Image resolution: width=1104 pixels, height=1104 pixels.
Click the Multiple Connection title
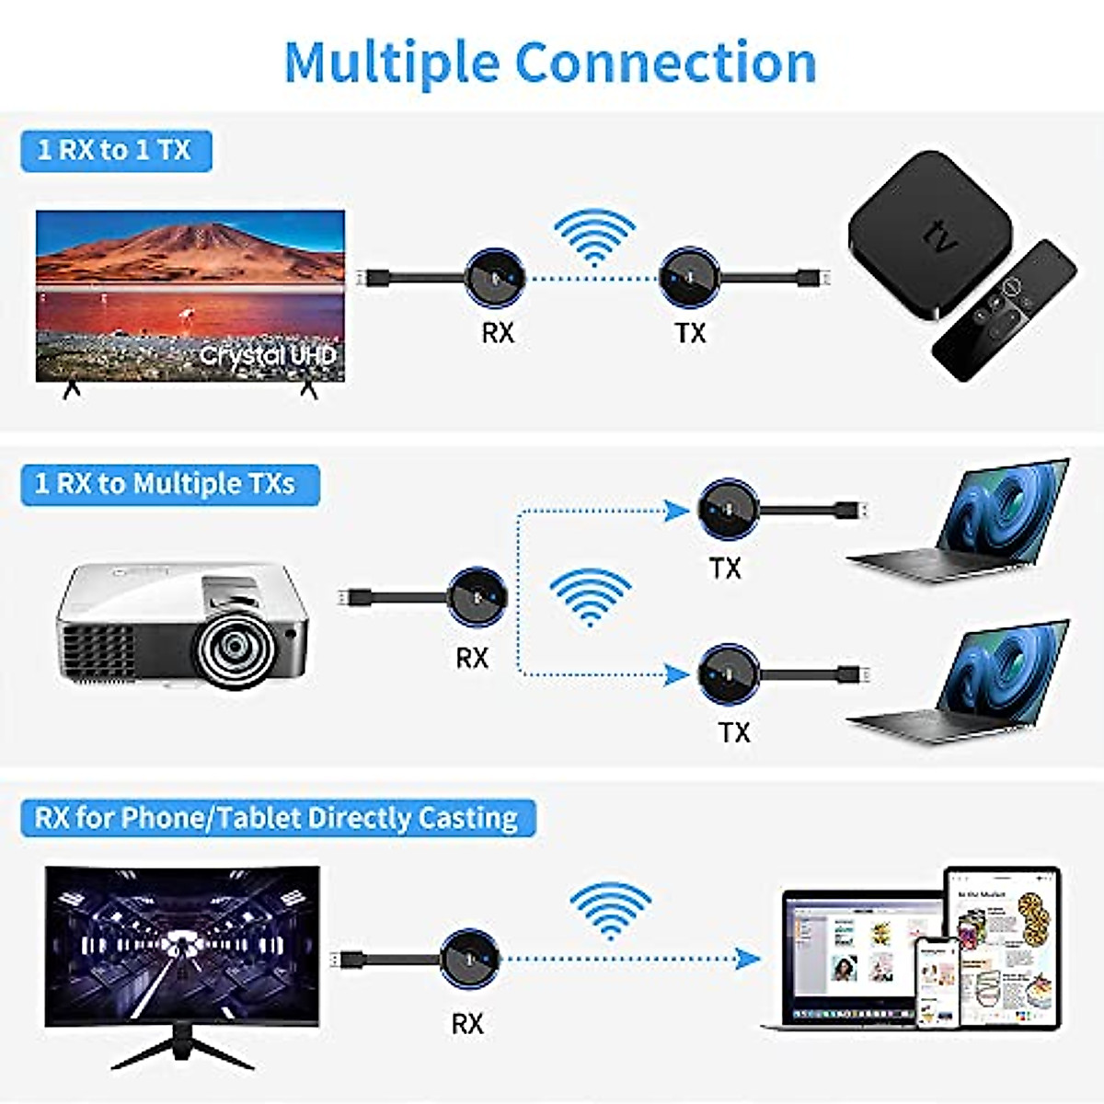tap(550, 63)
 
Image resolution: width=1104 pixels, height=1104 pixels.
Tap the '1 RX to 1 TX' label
tap(115, 150)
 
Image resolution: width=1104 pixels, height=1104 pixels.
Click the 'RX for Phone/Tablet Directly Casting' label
tap(276, 817)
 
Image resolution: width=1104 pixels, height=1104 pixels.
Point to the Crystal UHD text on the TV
tap(268, 355)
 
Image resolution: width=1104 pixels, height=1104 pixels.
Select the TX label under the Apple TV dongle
tap(690, 332)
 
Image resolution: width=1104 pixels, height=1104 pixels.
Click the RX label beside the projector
tap(472, 657)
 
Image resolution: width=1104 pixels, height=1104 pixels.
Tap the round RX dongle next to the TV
tap(495, 277)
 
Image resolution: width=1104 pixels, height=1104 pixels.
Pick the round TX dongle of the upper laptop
tap(728, 509)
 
